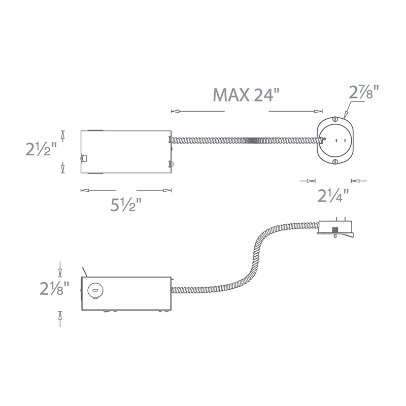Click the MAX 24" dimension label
(x=246, y=95)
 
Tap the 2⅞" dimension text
(x=364, y=92)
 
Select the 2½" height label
(x=42, y=149)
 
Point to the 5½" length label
(x=126, y=204)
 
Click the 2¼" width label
(x=333, y=195)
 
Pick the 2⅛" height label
(x=55, y=288)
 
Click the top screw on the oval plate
(x=335, y=119)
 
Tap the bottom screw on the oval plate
(x=335, y=162)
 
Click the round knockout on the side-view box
(x=95, y=291)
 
